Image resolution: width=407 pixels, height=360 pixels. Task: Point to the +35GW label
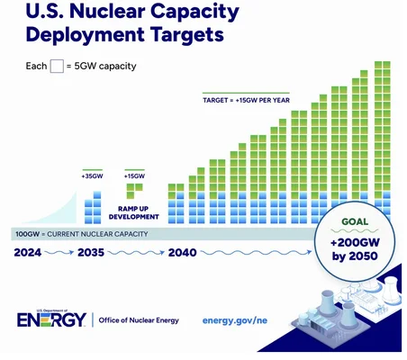92,175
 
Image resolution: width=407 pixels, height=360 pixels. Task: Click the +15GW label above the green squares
134,175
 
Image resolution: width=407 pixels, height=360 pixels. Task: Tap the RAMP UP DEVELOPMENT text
134,212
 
